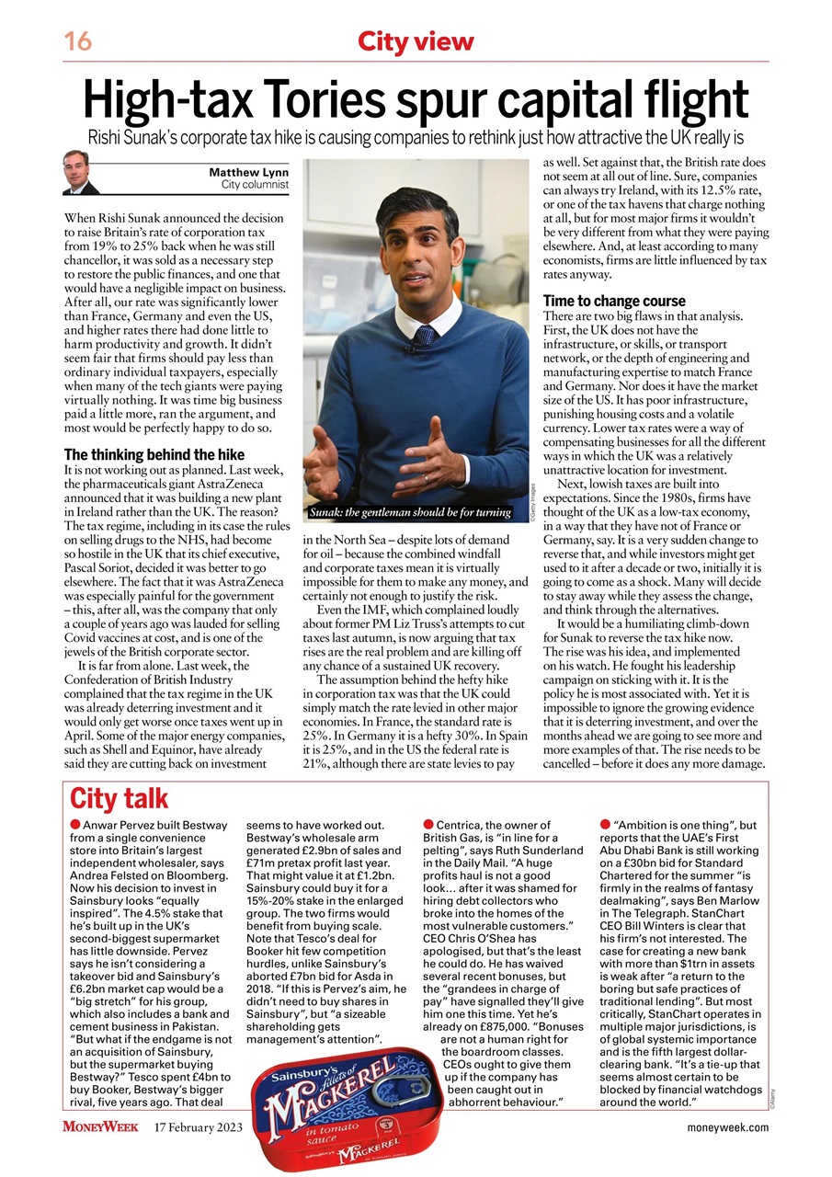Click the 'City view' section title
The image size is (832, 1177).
tap(416, 41)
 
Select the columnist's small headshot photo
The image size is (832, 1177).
tap(81, 173)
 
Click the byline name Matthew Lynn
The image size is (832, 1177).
tap(248, 172)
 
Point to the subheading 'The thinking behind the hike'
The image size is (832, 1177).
tap(154, 454)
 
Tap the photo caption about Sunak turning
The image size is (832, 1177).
tap(409, 510)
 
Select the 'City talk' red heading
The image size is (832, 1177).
tap(119, 798)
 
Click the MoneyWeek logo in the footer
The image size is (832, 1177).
tap(100, 1126)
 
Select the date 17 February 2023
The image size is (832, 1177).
tap(199, 1126)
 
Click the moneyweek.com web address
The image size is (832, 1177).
tap(727, 1127)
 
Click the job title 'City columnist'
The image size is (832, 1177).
tap(255, 185)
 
